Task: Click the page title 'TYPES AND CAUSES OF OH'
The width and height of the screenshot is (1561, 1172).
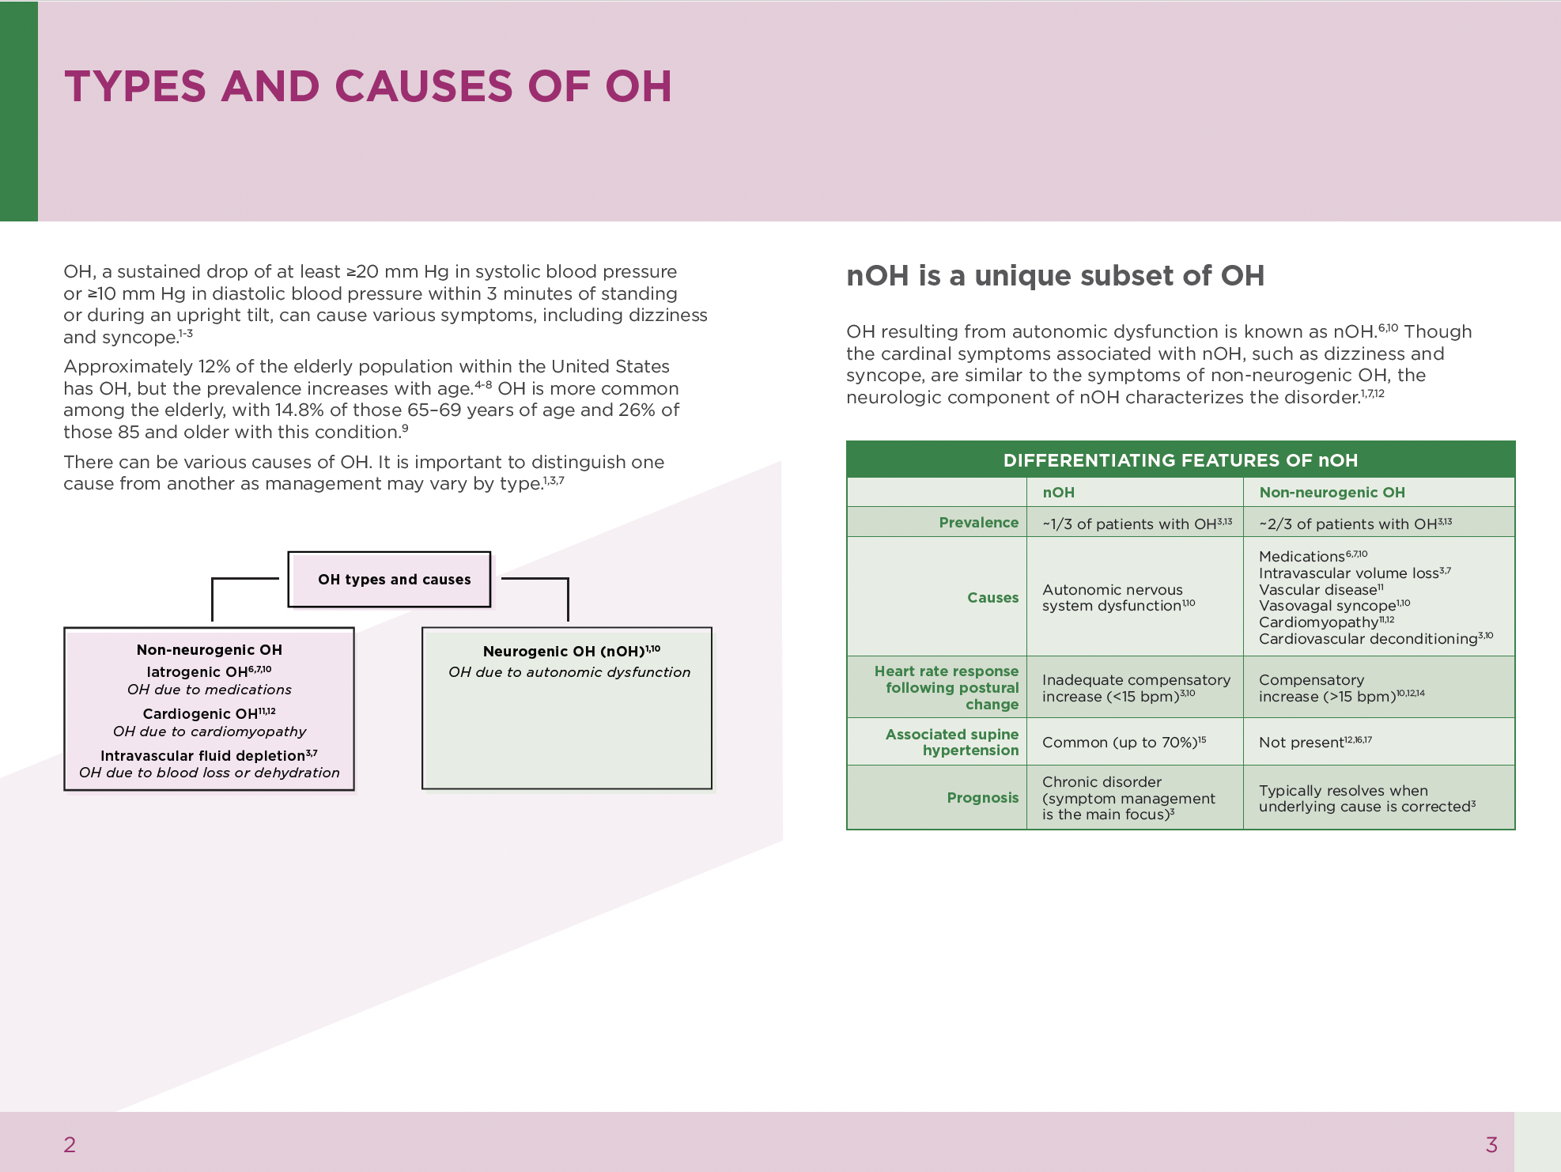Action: point(368,86)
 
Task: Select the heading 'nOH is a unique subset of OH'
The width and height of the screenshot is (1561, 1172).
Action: point(1055,275)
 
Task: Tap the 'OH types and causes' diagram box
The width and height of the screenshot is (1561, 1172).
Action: point(394,580)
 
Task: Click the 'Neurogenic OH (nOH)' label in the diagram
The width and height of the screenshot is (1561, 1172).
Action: point(564,651)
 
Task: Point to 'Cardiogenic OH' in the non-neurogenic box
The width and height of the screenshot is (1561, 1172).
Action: point(200,713)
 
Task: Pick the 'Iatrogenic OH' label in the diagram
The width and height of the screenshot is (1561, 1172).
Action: point(198,671)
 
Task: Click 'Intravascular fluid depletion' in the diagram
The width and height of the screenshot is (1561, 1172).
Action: point(202,755)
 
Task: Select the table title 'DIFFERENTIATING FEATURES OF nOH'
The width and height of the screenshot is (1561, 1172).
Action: point(1180,460)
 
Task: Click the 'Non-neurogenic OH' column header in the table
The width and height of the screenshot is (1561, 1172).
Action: point(1332,492)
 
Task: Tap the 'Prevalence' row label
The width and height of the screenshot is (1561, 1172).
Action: point(978,522)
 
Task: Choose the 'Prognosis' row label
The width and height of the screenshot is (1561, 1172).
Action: point(982,797)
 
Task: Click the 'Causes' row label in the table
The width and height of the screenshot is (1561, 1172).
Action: point(992,597)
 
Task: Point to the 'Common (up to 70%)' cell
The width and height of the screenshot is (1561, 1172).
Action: point(1118,742)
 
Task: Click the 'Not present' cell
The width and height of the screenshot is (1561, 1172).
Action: point(1302,742)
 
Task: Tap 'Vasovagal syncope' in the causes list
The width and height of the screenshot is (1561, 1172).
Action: point(1327,606)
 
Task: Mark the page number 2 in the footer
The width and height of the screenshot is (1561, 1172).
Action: point(70,1144)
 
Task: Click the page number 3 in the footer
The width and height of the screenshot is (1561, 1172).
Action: point(1491,1144)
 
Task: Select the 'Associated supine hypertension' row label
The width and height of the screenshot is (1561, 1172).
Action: point(951,742)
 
